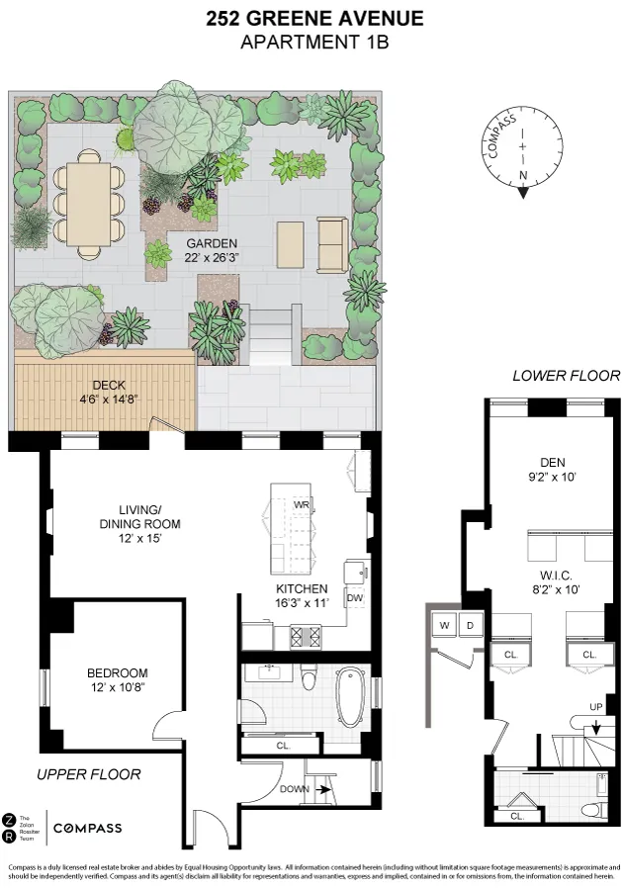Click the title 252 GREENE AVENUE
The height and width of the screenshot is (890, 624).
(x=315, y=18)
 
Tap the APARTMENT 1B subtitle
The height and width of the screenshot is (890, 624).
(x=315, y=42)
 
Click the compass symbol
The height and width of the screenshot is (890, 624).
(x=522, y=155)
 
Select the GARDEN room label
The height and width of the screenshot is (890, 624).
(x=203, y=242)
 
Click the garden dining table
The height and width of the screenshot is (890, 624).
(x=88, y=206)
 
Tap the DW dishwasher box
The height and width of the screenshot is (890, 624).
(x=354, y=597)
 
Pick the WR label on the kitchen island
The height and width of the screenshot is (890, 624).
(x=301, y=504)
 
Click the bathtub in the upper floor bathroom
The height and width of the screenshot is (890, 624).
(x=350, y=699)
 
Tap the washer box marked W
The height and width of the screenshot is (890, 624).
(x=445, y=625)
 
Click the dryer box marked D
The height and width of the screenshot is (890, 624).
(x=470, y=625)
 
